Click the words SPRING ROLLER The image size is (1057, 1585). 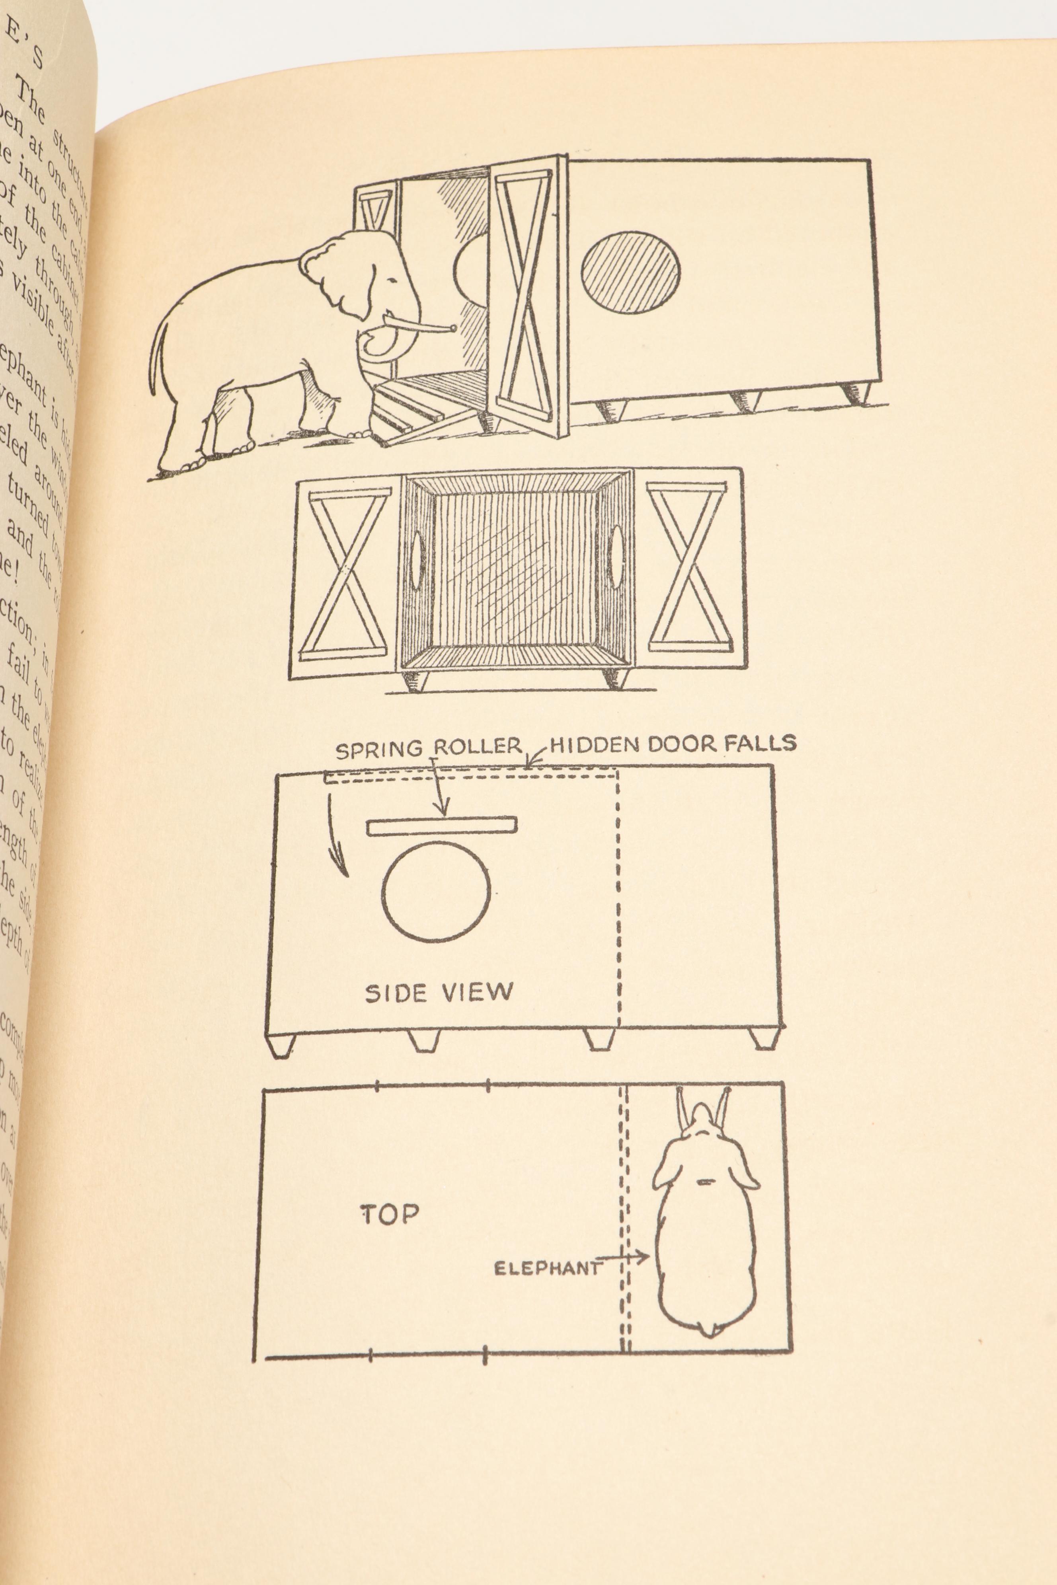[429, 748]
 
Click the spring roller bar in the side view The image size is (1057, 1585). [441, 826]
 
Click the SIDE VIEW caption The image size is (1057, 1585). [439, 993]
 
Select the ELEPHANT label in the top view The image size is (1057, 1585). [547, 1269]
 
